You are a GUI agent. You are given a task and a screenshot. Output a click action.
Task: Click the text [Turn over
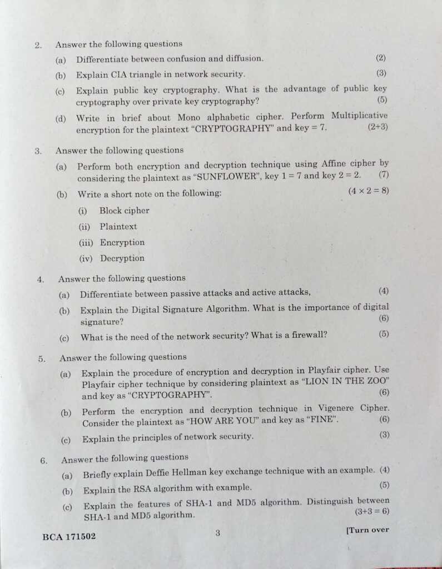pyautogui.click(x=367, y=530)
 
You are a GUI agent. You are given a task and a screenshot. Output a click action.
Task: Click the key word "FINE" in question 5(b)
pyautogui.click(x=322, y=420)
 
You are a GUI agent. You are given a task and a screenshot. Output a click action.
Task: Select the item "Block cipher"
pyautogui.click(x=125, y=211)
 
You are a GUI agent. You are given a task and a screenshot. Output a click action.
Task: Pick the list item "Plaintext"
pyautogui.click(x=118, y=227)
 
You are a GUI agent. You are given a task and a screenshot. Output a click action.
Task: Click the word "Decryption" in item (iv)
pyautogui.click(x=122, y=258)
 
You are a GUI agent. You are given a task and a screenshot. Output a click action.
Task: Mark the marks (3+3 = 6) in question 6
pyautogui.click(x=371, y=511)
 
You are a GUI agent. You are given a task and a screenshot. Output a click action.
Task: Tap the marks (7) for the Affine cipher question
pyautogui.click(x=383, y=174)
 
